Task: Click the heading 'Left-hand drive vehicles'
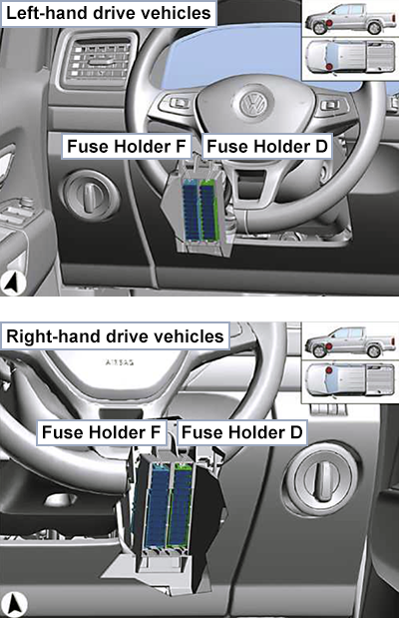[x=109, y=13]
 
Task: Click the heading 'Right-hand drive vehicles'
[x=115, y=336]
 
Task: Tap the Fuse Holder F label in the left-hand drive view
[x=126, y=146]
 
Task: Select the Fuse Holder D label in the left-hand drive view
[x=267, y=146]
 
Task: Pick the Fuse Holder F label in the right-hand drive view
[x=101, y=432]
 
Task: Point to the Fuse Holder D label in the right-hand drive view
[x=241, y=432]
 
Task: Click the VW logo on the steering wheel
[x=253, y=104]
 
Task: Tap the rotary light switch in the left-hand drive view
[x=91, y=195]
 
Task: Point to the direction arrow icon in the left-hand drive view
[x=13, y=283]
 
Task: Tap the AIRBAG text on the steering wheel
[x=120, y=361]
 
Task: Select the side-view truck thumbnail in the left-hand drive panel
[x=350, y=19]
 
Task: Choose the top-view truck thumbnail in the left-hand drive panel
[x=350, y=58]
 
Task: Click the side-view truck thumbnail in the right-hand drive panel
[x=350, y=342]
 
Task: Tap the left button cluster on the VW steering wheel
[x=178, y=104]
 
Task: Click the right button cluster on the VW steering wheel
[x=331, y=106]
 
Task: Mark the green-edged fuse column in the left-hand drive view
[x=208, y=210]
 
